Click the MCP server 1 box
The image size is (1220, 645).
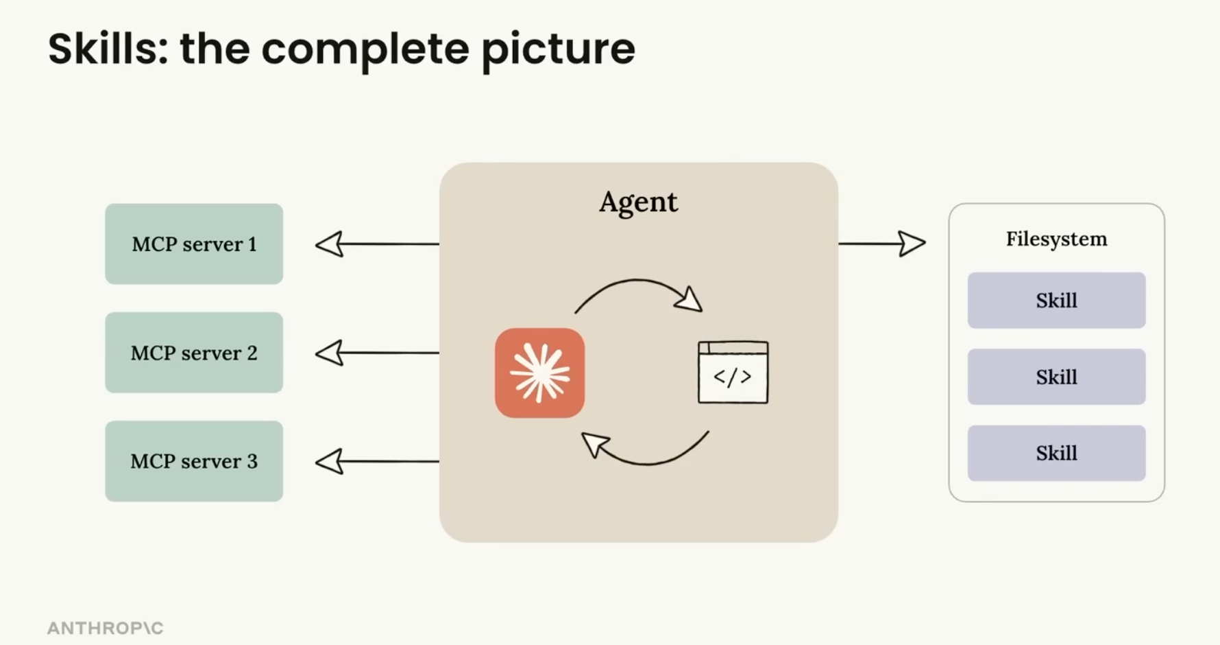coord(194,244)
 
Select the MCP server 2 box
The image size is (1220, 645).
coord(194,353)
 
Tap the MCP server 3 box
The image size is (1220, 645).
coord(194,461)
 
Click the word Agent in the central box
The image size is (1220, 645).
coord(638,202)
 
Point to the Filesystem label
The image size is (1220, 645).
coord(1056,239)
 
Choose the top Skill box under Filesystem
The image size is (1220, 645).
coord(1056,301)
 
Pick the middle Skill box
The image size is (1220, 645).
coord(1056,377)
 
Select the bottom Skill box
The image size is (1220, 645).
coord(1056,453)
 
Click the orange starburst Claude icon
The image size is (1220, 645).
coord(540,373)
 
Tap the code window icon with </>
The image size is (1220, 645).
coord(733,372)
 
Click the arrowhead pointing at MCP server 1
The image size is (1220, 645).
coord(330,244)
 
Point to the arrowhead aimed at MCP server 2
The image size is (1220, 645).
coord(330,353)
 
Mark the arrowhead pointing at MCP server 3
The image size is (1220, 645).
coord(330,461)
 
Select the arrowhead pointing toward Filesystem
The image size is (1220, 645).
coord(912,243)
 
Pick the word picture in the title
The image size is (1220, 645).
coord(558,50)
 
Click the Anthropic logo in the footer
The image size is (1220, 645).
coord(105,628)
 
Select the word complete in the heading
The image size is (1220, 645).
coord(365,50)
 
